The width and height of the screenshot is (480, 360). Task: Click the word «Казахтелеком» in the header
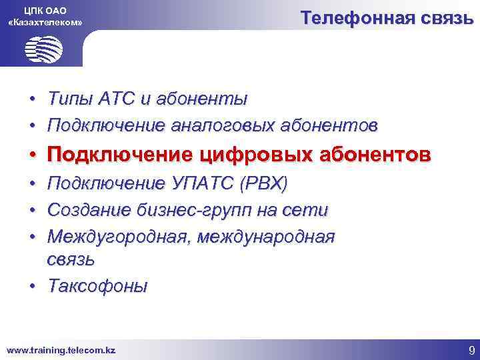[45, 23]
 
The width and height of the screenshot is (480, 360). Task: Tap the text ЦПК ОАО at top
[45, 9]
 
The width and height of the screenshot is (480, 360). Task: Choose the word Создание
[90, 211]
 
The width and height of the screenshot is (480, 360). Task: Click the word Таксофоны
[97, 286]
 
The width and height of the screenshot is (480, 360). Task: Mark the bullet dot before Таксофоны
[33, 287]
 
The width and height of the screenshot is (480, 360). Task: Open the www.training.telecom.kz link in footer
[61, 349]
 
